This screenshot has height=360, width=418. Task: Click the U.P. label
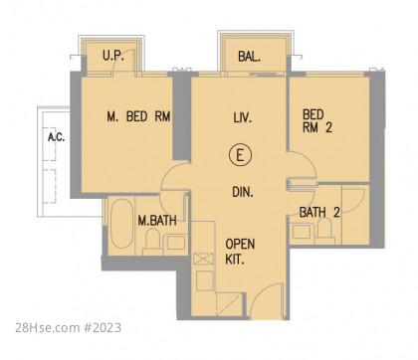click(x=113, y=56)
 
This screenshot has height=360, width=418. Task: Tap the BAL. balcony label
click(x=249, y=57)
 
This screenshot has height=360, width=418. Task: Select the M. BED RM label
click(x=138, y=116)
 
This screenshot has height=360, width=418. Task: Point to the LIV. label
click(x=243, y=118)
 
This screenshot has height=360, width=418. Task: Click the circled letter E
click(x=240, y=155)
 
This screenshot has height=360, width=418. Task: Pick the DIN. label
click(x=243, y=192)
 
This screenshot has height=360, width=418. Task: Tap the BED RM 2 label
click(x=317, y=121)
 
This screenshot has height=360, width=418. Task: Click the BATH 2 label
click(x=319, y=212)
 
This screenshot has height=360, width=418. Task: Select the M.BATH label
click(x=157, y=221)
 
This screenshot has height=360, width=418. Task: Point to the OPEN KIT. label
click(x=240, y=252)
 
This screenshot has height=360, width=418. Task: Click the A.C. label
click(x=57, y=137)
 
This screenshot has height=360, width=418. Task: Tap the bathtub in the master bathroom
click(x=121, y=224)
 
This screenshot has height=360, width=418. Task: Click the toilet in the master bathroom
click(x=152, y=242)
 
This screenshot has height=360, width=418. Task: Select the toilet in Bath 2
click(x=324, y=231)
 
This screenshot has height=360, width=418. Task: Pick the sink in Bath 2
click(x=302, y=232)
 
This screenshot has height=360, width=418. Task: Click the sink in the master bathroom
click(x=176, y=243)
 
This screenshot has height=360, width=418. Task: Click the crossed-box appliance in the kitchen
click(x=203, y=259)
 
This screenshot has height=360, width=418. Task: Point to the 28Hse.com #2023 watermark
click(x=68, y=328)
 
